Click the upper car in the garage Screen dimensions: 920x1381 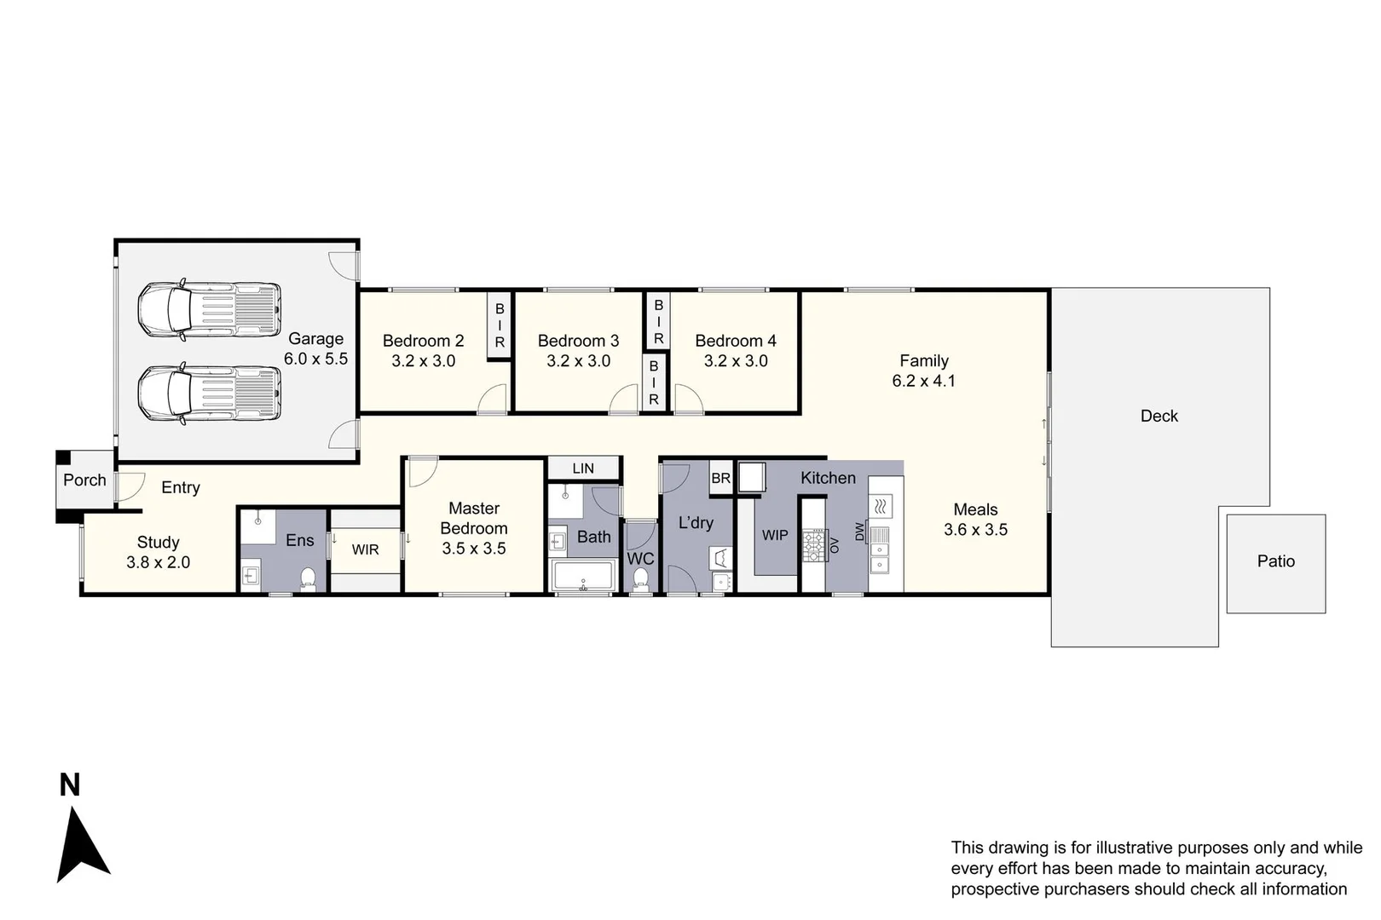[x=209, y=308]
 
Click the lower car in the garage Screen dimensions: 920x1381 [x=209, y=393]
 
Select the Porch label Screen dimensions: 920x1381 [x=84, y=480]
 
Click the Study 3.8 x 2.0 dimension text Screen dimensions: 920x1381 [x=158, y=562]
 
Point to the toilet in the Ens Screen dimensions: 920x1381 [x=308, y=578]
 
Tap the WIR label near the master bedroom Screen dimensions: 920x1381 [x=365, y=549]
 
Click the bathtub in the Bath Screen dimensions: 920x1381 [x=584, y=577]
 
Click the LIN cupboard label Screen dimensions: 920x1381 [x=583, y=469]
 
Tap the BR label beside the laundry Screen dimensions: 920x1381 [x=720, y=479]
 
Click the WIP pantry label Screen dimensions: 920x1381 [x=775, y=535]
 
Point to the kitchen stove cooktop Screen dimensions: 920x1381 [x=813, y=546]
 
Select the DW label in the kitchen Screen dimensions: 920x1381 [x=859, y=532]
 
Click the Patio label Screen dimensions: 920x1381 [x=1275, y=561]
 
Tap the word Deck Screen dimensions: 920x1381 [x=1159, y=416]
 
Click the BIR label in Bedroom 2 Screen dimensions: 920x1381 [x=500, y=325]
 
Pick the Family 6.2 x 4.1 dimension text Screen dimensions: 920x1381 [x=923, y=381]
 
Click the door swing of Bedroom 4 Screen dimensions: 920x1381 [x=687, y=399]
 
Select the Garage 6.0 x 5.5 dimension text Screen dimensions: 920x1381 [x=315, y=359]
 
